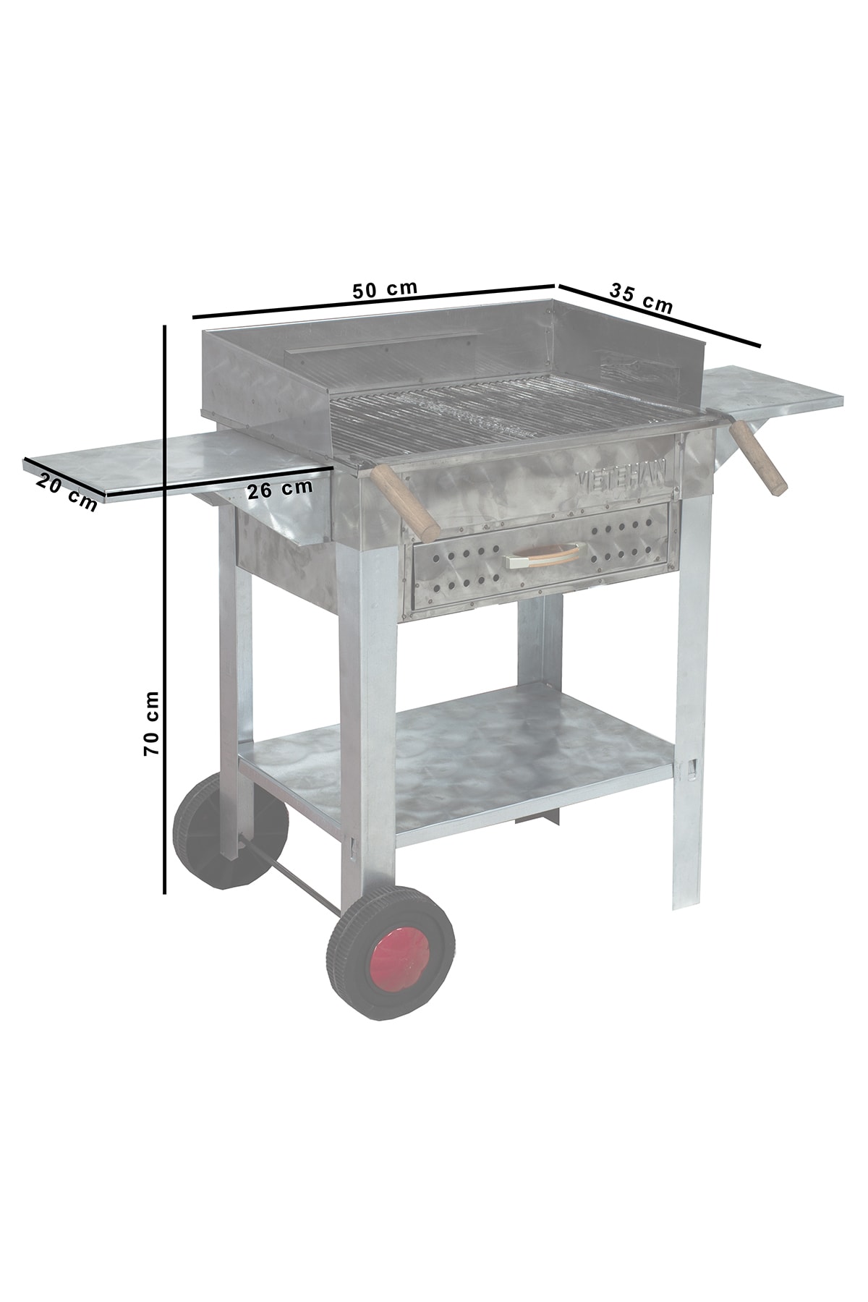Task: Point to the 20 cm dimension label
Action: [67, 492]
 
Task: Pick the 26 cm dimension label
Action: [280, 489]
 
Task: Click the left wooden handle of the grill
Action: [406, 501]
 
